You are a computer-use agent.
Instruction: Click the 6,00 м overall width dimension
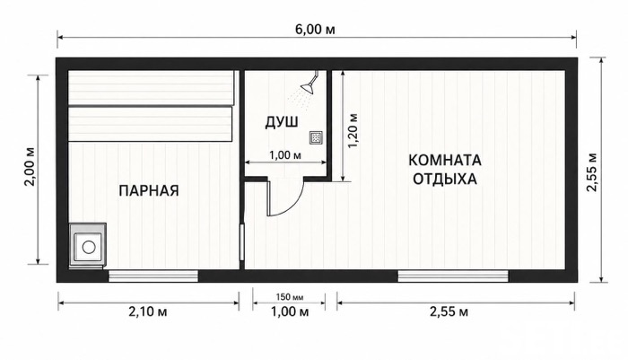pyautogui.click(x=316, y=30)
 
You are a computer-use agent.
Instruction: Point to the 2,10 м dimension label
pyautogui.click(x=148, y=312)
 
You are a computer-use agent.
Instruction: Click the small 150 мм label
pyautogui.click(x=290, y=297)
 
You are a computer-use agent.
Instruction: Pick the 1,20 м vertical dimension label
pyautogui.click(x=353, y=131)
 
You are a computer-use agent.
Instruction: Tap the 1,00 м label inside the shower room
pyautogui.click(x=285, y=155)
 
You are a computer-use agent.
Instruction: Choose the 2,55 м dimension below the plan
pyautogui.click(x=449, y=312)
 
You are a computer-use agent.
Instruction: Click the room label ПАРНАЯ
pyautogui.click(x=149, y=190)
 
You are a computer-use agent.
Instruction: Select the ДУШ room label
pyautogui.click(x=282, y=122)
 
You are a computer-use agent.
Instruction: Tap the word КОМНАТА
pyautogui.click(x=445, y=161)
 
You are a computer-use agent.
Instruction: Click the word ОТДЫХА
pyautogui.click(x=445, y=179)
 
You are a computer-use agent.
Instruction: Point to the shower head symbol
pyautogui.click(x=310, y=85)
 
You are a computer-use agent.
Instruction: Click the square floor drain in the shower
pyautogui.click(x=317, y=137)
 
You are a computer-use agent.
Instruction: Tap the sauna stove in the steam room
pyautogui.click(x=88, y=245)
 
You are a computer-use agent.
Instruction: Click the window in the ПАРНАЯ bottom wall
pyautogui.click(x=153, y=276)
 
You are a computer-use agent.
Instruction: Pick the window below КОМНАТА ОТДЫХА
pyautogui.click(x=453, y=276)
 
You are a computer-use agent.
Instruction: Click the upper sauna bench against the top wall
pyautogui.click(x=151, y=88)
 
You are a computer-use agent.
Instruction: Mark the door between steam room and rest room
pyautogui.click(x=241, y=242)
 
